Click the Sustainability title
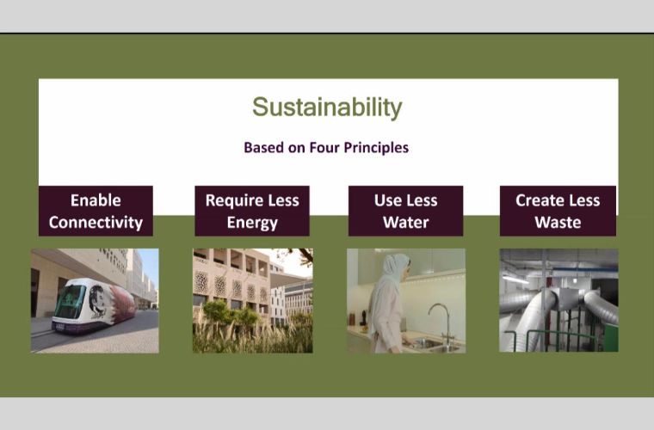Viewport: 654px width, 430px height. click(x=327, y=107)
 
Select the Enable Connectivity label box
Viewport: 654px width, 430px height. click(x=96, y=211)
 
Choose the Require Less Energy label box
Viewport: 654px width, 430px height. click(x=252, y=211)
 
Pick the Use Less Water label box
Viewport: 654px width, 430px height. click(x=406, y=211)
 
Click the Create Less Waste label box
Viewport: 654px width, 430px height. click(x=558, y=211)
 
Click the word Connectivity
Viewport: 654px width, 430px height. click(x=96, y=223)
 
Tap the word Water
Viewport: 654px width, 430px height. click(x=406, y=223)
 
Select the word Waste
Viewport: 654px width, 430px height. click(x=558, y=223)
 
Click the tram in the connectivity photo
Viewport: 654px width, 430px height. click(x=94, y=305)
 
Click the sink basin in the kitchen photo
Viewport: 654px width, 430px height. click(x=429, y=344)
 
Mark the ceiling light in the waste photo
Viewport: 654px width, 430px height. click(x=515, y=279)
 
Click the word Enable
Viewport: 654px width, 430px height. click(x=96, y=200)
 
